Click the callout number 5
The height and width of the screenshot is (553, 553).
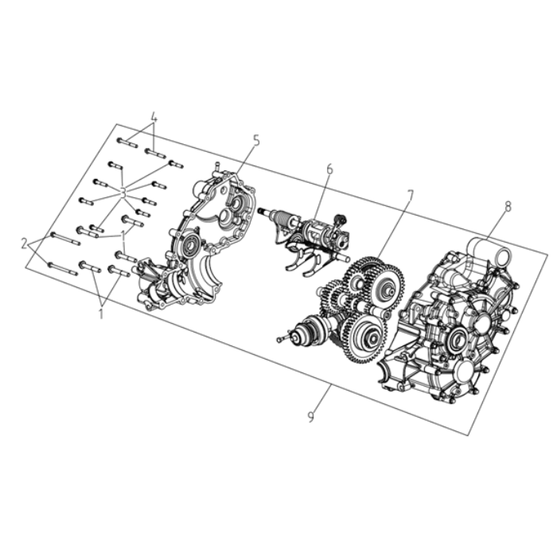tap(256, 140)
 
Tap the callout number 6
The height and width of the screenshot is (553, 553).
tap(329, 169)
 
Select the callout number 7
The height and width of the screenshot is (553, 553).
tap(410, 196)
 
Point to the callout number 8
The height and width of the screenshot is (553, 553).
tap(508, 207)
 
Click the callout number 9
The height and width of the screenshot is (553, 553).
tap(310, 416)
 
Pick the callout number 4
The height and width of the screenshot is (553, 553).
tap(154, 117)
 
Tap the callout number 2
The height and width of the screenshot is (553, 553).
tap(24, 243)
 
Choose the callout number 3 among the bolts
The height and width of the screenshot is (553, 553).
tap(123, 193)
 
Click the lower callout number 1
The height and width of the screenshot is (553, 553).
tap(101, 313)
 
